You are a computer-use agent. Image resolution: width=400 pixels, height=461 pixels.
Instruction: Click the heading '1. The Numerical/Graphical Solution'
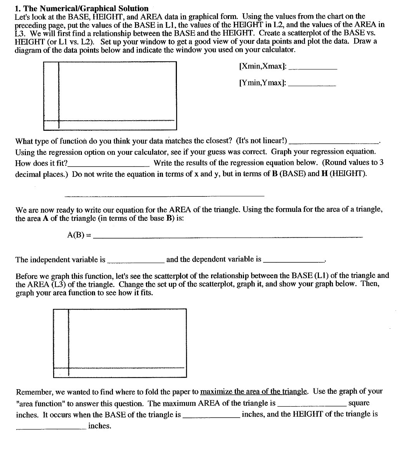pyautogui.click(x=81, y=8)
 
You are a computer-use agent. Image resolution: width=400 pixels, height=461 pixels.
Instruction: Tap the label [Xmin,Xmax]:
pyautogui.click(x=263, y=66)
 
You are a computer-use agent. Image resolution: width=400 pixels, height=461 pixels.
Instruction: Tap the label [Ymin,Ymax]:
pyautogui.click(x=263, y=83)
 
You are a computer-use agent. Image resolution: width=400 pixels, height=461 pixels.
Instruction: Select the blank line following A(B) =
pyautogui.click(x=229, y=236)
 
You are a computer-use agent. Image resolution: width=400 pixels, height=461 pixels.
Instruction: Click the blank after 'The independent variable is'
pyautogui.click(x=136, y=262)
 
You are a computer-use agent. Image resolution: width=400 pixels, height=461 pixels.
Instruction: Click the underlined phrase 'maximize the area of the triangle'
pyautogui.click(x=254, y=392)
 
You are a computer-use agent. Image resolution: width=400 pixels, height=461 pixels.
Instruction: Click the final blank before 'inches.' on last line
pyautogui.click(x=51, y=428)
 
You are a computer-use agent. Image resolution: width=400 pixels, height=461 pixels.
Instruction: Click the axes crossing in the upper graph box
pyautogui.click(x=59, y=121)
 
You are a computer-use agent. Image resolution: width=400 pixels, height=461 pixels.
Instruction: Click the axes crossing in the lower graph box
pyautogui.click(x=68, y=368)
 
